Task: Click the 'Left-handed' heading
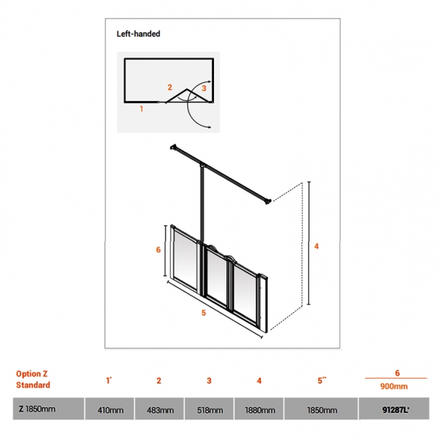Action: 137,34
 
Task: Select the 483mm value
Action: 159,410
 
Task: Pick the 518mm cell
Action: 209,410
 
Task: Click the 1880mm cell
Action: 259,410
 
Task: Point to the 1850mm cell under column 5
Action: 321,410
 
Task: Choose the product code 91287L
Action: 396,410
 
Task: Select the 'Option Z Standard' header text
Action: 33,379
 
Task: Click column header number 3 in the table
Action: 209,381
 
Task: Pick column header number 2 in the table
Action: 159,381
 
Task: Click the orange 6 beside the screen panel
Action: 158,250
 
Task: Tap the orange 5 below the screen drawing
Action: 203,314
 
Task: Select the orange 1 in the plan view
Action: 141,108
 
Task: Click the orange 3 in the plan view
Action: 204,88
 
